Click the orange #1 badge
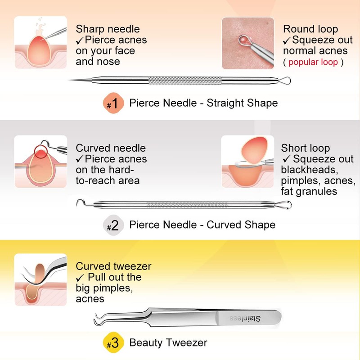pyautogui.click(x=113, y=103)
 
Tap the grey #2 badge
pyautogui.click(x=113, y=225)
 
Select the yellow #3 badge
pyautogui.click(x=113, y=342)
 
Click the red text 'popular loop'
pyautogui.click(x=313, y=62)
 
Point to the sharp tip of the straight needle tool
pyautogui.click(x=68, y=80)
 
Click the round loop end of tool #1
pyautogui.click(x=285, y=81)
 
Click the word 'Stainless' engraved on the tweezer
pyautogui.click(x=245, y=318)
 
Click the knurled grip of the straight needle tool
pyautogui.click(x=185, y=81)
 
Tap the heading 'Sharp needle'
pyautogui.click(x=108, y=29)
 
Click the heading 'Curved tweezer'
pyautogui.click(x=113, y=266)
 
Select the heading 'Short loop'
pyautogui.click(x=306, y=148)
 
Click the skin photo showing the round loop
pyautogui.click(x=248, y=43)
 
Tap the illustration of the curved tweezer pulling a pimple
pyautogui.click(x=40, y=279)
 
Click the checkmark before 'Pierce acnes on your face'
pyautogui.click(x=80, y=41)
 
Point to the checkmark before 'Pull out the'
pyautogui.click(x=80, y=278)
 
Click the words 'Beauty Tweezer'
pyautogui.click(x=168, y=342)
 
